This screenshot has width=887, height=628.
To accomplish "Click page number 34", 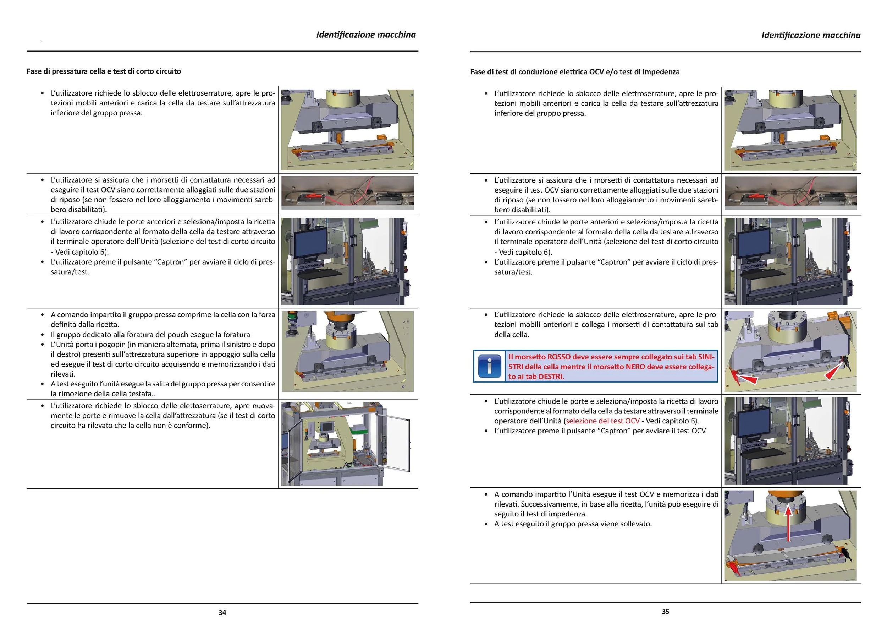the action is pos(222,612).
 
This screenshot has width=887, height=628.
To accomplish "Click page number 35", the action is pos(665,612).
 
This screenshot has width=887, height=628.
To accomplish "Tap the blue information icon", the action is pos(489,366).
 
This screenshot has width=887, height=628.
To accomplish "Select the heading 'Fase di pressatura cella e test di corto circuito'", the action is pos(104,71).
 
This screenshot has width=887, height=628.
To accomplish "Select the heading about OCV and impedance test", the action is pos(575,71).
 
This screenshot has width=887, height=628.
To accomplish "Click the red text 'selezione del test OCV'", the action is pos(602,421).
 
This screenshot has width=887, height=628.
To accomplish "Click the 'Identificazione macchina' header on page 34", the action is pos(366,34).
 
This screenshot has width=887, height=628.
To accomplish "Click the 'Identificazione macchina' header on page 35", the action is pos(811,35).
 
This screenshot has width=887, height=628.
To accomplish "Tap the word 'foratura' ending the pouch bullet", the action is pos(236,335).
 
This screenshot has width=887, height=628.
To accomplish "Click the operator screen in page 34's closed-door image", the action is pos(311,243).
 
